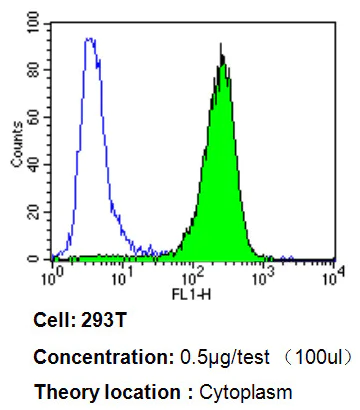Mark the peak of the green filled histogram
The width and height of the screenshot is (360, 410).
(222, 58)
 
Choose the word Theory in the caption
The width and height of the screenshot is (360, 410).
(60, 390)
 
